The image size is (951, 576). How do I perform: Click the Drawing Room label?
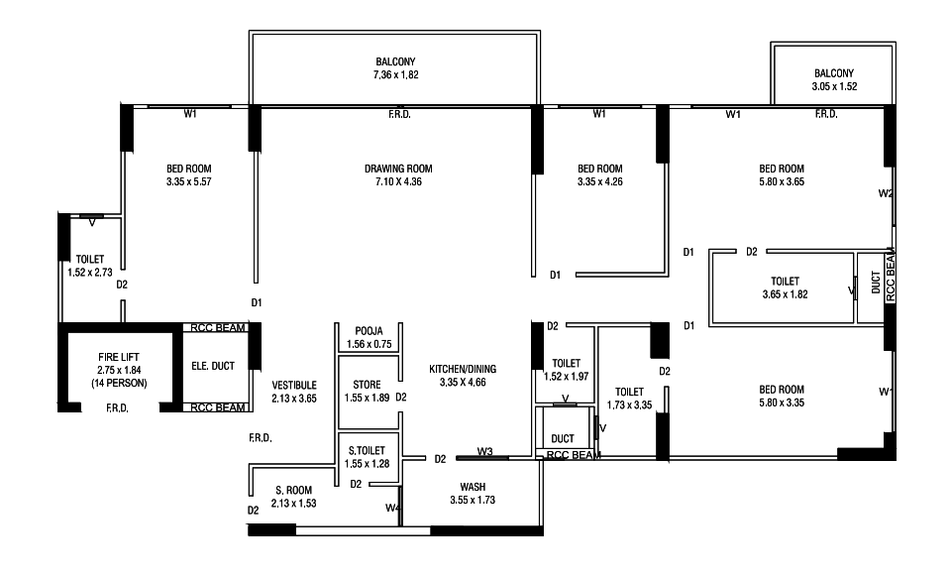point(398,169)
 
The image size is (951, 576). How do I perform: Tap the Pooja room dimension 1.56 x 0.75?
point(369,344)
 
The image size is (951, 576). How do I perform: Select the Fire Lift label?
point(119,358)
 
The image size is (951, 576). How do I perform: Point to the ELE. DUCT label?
point(213,366)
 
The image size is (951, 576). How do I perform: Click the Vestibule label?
point(294,386)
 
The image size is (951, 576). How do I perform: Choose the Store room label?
point(367,385)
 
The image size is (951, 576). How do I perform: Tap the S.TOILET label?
point(367,450)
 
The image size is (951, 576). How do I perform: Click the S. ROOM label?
point(293,491)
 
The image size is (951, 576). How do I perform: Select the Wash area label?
point(473,487)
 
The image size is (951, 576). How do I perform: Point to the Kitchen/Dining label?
point(463,369)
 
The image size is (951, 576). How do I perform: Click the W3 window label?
point(484,451)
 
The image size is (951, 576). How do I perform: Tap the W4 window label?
point(392,508)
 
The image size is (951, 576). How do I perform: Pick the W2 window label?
point(886,193)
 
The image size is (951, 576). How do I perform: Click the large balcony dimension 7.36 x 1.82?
point(395,75)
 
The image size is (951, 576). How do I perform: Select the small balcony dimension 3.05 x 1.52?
point(834,87)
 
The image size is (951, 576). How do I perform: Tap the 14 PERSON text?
point(119,384)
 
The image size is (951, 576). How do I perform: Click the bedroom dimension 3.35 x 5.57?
point(188,181)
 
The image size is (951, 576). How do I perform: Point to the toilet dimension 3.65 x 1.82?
point(785,294)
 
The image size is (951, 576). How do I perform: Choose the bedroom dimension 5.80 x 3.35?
point(782,403)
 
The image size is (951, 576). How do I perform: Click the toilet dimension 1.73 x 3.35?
point(630,404)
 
